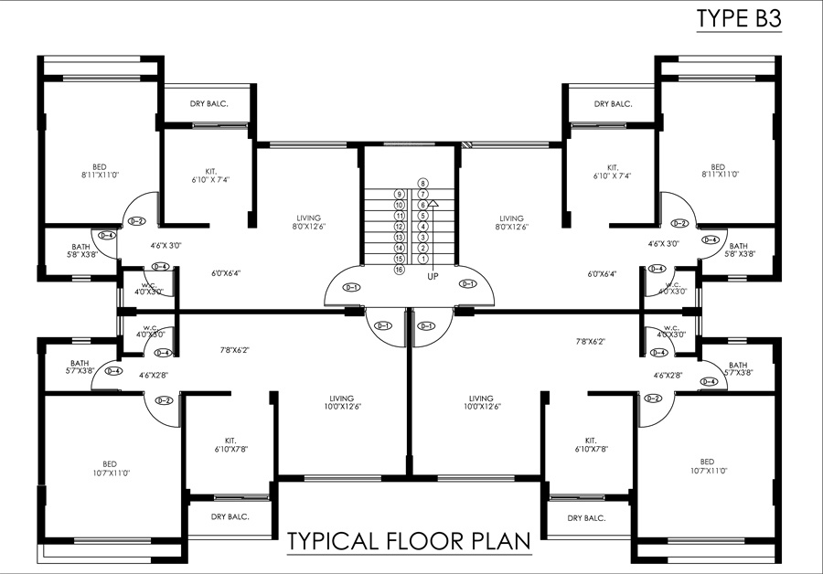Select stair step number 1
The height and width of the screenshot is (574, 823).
tap(423, 259)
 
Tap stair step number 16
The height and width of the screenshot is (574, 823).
tap(399, 270)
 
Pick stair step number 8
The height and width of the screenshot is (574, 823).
tap(423, 184)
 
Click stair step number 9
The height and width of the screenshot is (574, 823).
tap(399, 195)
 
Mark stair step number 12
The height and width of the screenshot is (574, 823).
tap(399, 227)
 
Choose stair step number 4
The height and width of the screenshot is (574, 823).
tap(423, 227)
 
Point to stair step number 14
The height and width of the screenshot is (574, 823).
tap(399, 248)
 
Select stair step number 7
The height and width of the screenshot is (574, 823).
tap(423, 195)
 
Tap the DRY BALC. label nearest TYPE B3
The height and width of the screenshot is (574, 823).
tap(613, 104)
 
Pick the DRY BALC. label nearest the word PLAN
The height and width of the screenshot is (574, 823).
tap(586, 518)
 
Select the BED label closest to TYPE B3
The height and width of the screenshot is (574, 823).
tap(718, 169)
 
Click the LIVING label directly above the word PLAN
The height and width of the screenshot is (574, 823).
tap(481, 402)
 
